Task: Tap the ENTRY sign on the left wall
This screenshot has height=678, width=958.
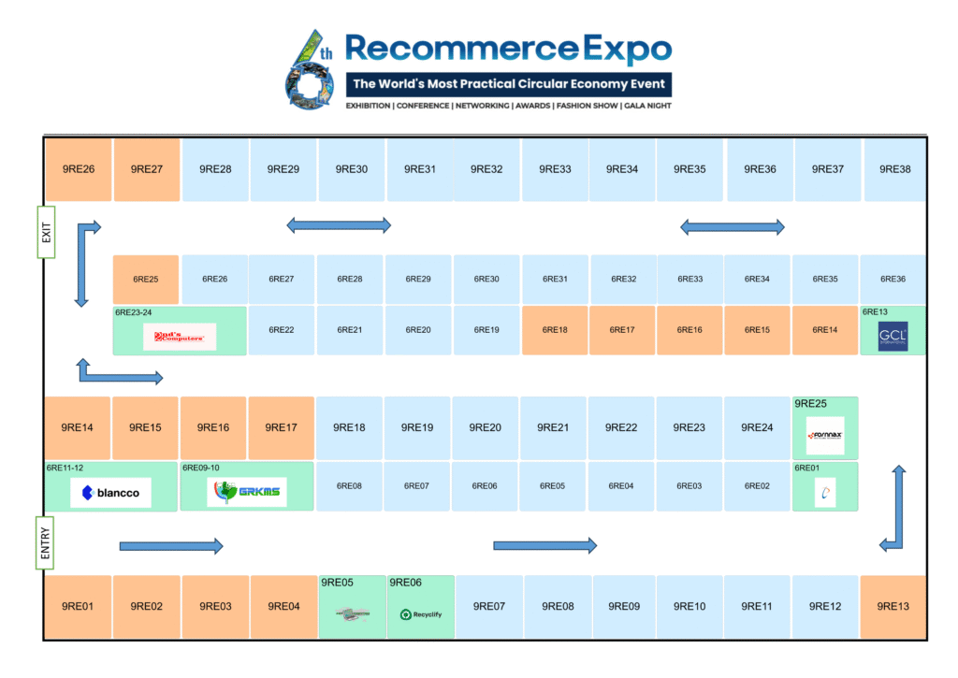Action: coord(45,542)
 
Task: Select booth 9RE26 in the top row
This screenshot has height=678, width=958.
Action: coord(79,169)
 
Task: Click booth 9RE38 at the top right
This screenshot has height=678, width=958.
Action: coord(895,169)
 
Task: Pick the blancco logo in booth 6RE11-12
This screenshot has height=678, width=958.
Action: coord(110,493)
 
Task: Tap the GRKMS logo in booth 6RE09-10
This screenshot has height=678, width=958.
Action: coord(234,492)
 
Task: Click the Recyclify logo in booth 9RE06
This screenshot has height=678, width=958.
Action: coord(420,614)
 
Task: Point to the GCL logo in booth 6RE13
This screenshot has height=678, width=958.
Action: coord(893,336)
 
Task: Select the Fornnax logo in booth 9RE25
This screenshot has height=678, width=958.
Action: coord(825,435)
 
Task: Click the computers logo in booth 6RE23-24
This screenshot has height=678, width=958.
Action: coord(180,336)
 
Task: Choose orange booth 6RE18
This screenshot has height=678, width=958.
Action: coord(555,329)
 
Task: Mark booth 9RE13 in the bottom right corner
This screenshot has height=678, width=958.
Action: coord(893,607)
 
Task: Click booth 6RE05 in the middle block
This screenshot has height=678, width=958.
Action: coord(553,485)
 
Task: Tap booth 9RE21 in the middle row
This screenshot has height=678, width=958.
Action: coord(553,427)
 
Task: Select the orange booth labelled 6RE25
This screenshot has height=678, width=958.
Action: coord(145,279)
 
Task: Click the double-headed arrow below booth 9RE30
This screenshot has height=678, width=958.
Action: coord(339,225)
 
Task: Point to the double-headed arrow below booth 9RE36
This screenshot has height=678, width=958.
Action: coord(732,226)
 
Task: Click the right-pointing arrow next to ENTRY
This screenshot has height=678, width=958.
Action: coord(171,545)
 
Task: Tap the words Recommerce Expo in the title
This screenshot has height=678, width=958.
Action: coord(508,49)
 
